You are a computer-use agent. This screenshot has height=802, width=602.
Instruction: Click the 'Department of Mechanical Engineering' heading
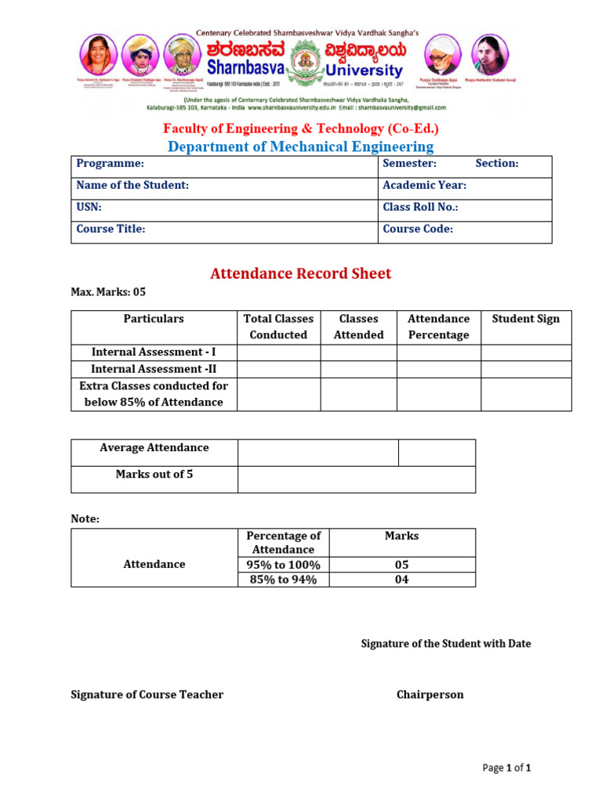click(x=301, y=146)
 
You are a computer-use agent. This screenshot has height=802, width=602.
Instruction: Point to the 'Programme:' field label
click(x=110, y=164)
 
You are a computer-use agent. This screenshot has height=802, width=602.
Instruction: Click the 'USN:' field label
click(x=89, y=208)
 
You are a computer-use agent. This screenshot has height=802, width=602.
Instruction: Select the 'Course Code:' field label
click(x=418, y=229)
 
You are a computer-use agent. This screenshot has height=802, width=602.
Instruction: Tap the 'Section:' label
click(x=497, y=164)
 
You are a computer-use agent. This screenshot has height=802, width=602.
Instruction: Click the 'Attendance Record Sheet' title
click(x=301, y=273)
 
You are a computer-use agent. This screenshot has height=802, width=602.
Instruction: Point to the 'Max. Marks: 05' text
click(x=108, y=292)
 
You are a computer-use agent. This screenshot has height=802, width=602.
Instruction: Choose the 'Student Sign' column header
click(x=526, y=319)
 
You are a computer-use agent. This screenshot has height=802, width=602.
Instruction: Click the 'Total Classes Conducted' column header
click(x=278, y=327)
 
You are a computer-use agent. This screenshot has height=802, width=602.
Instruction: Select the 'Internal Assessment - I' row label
click(x=154, y=352)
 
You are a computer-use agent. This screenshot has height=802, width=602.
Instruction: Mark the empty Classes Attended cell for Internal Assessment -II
click(x=358, y=369)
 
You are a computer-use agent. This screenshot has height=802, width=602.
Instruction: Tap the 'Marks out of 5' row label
click(x=154, y=475)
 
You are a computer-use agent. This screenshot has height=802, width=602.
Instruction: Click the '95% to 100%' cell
click(x=284, y=565)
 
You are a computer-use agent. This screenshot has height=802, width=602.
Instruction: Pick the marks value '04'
click(x=401, y=580)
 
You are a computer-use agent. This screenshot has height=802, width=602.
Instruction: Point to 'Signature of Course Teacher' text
click(x=147, y=695)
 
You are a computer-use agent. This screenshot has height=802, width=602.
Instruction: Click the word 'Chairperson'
click(x=430, y=695)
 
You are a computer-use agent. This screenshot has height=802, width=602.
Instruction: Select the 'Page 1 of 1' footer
click(x=507, y=768)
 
